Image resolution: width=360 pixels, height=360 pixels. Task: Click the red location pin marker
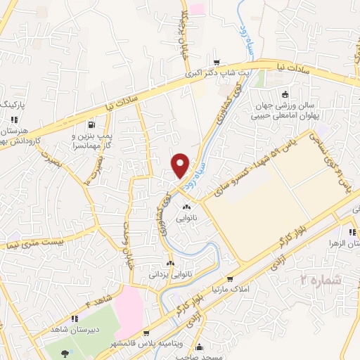pyautogui.click(x=181, y=165)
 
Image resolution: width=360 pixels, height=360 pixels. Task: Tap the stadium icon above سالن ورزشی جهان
pyautogui.click(x=285, y=95)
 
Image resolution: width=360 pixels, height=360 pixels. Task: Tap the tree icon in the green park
pyautogui.click(x=65, y=354)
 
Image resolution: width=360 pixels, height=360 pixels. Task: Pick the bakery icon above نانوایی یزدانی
pyautogui.click(x=169, y=263)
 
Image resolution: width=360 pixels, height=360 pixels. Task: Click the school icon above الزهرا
pyautogui.click(x=350, y=232)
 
